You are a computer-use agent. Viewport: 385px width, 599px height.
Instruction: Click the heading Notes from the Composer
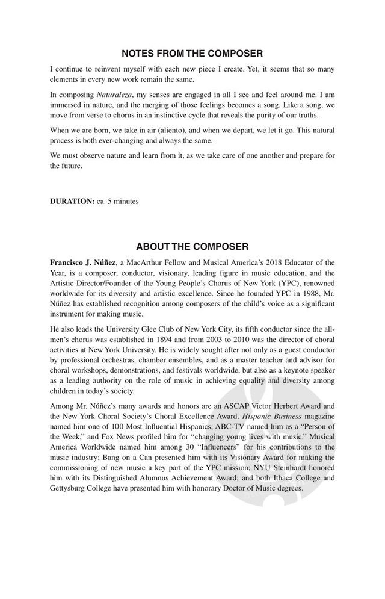[192, 54]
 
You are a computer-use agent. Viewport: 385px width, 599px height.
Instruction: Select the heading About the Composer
[192, 247]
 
